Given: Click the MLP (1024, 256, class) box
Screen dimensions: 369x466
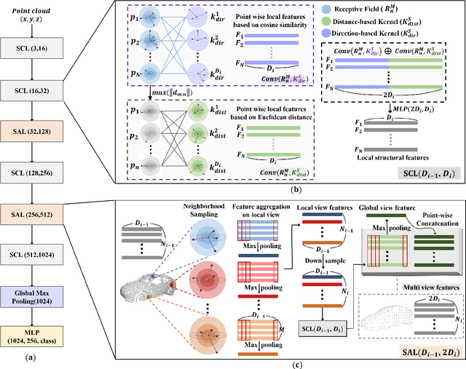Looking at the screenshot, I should click(x=34, y=318).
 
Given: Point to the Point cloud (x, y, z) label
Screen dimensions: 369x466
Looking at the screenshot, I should click(x=34, y=15).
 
